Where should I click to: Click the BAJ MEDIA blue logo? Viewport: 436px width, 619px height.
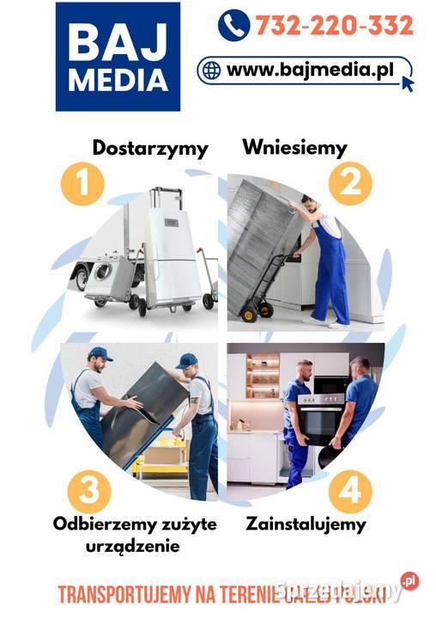point(118,57)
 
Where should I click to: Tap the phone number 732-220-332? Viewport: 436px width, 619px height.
point(334,26)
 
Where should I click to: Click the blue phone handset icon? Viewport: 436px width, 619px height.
point(233,26)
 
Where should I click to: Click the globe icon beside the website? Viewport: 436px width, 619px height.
point(211,70)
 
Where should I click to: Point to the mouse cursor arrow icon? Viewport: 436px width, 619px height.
point(406,83)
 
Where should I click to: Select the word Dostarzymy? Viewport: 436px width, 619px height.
point(149,148)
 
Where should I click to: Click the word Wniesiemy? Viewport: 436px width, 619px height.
point(294,146)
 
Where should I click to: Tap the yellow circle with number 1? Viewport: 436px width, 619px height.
point(82,183)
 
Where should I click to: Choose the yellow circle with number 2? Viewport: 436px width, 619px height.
point(350,183)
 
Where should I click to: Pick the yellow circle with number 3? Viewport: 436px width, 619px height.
point(88,493)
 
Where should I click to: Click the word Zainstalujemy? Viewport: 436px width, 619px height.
point(306,523)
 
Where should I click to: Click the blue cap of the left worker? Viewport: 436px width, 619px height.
point(100,353)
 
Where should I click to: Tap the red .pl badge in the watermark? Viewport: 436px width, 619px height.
point(409,582)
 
